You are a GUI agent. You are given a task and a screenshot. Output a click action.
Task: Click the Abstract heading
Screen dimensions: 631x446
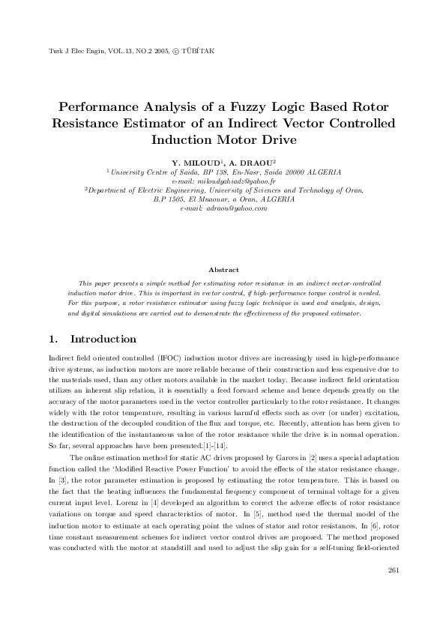[223, 269]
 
